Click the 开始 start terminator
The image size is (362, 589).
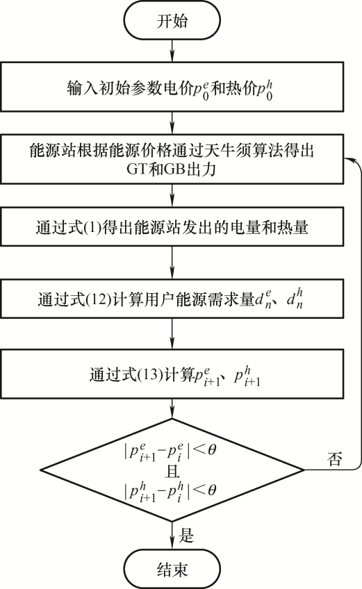click(x=172, y=21)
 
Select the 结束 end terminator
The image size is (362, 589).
click(x=172, y=570)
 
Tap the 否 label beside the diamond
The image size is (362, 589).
click(x=335, y=458)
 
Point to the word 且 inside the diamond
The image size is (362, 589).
click(x=172, y=470)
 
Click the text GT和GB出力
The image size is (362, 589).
click(x=172, y=169)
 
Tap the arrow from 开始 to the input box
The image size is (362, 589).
click(x=172, y=50)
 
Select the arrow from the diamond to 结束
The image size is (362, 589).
click(x=172, y=536)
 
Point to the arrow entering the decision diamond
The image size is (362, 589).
click(x=172, y=408)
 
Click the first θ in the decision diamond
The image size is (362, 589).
click(x=212, y=449)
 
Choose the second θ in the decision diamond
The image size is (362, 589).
click(x=212, y=490)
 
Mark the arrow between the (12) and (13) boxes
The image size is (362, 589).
click(x=172, y=333)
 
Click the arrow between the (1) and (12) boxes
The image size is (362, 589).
click(x=172, y=262)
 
